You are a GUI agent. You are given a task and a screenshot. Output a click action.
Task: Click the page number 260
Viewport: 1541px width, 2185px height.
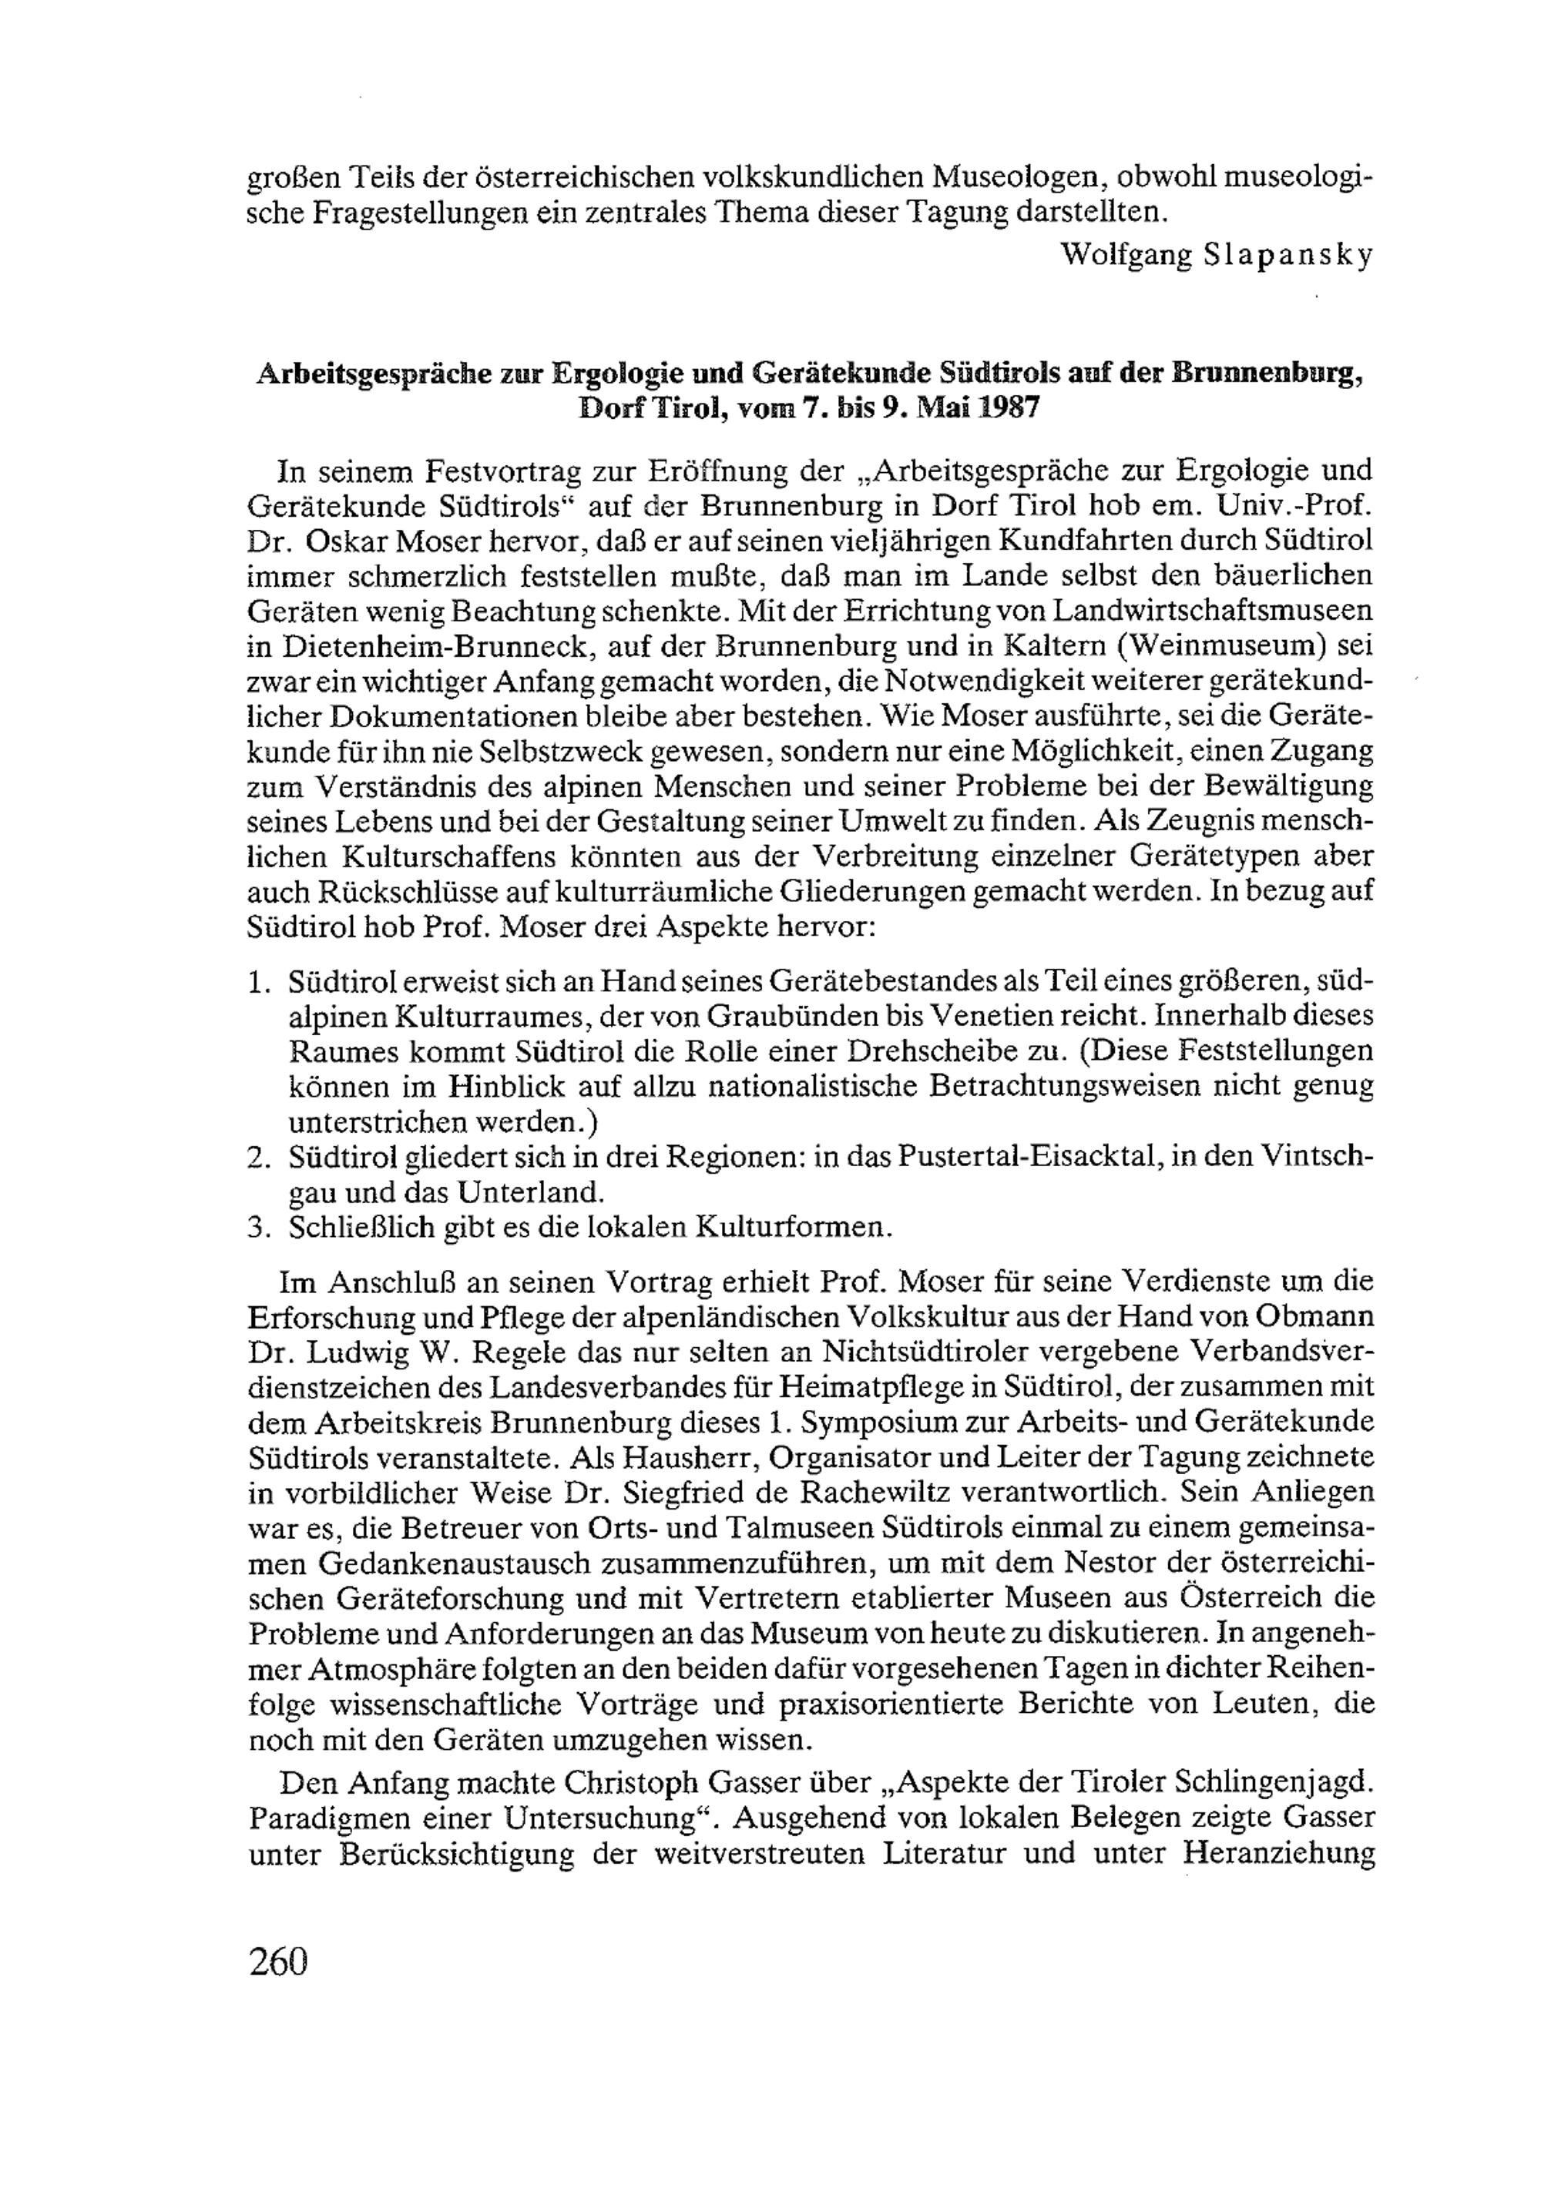coord(279,1962)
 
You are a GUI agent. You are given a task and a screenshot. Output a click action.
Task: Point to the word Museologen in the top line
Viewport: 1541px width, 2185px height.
coord(1015,177)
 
